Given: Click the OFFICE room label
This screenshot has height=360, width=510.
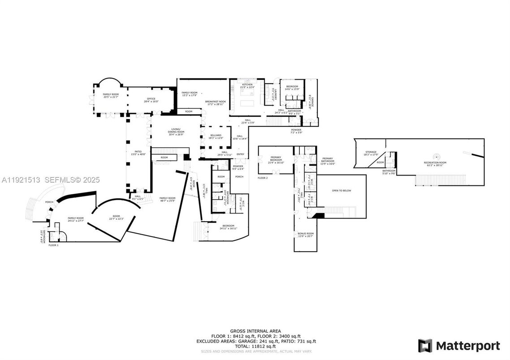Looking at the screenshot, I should coord(151,99).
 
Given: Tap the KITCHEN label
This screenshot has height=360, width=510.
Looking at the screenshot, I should coord(247,85).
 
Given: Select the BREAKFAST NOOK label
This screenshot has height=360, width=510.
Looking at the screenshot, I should coord(216,102).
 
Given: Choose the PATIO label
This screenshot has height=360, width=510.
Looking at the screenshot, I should coord(138,152).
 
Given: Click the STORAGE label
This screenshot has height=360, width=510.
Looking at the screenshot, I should coord(370,152).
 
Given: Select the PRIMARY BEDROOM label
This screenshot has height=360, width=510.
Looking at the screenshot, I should coord(276,159).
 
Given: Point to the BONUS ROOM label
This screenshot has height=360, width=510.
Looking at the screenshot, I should coord(306,233).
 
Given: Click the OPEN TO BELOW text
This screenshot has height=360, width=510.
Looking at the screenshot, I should coord(341,190).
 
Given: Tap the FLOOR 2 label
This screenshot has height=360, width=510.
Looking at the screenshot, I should coord(263,178).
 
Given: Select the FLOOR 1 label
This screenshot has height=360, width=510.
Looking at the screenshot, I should coord(53,245).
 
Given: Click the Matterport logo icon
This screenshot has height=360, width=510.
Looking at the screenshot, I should coord(425,346).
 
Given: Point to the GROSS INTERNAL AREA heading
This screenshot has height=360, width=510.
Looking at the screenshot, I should coord(255,331).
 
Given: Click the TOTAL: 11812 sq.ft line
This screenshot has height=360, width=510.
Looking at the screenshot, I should coord(255,347).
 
